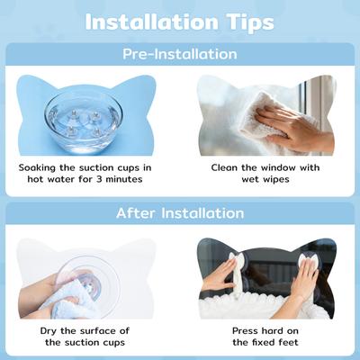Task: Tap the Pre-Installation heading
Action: coord(180,54)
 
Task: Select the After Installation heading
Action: coord(180,213)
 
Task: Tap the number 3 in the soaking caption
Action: coord(100,179)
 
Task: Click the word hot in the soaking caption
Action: coord(35,179)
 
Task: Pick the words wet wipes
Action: coord(265,179)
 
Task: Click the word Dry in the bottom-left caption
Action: coord(49,331)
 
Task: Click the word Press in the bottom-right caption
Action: coord(246,331)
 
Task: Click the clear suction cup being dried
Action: coord(90,285)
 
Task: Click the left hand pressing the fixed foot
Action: coord(218,274)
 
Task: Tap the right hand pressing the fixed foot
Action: coord(304,277)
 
